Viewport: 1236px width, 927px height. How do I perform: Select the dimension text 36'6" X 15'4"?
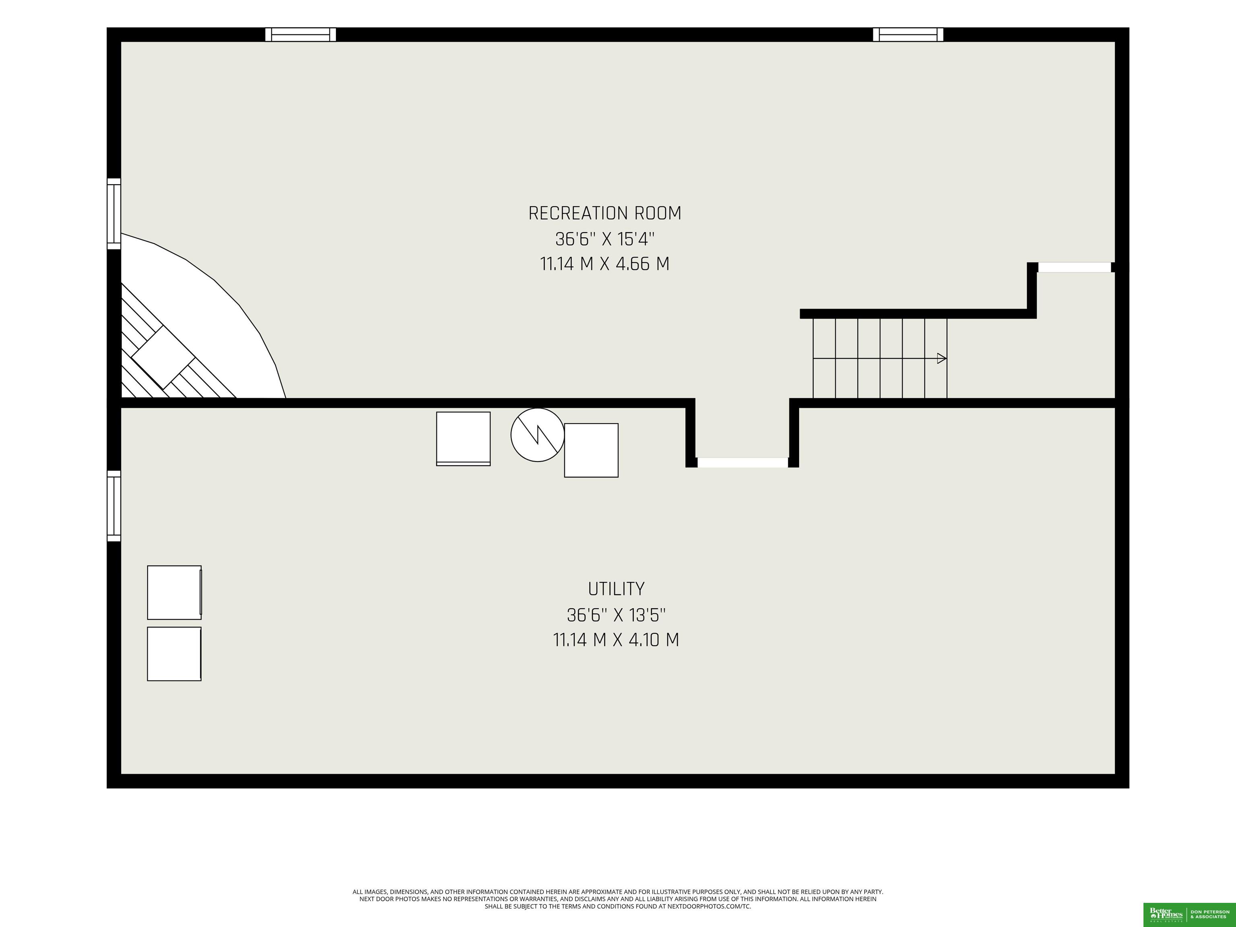click(605, 239)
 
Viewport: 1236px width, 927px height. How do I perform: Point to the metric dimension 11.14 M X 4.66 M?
click(605, 264)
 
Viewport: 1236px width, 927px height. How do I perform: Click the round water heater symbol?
click(538, 435)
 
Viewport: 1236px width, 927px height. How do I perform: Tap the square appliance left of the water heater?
click(463, 439)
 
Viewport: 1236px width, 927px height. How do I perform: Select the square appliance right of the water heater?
click(591, 450)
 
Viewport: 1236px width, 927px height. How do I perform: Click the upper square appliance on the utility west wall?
click(174, 592)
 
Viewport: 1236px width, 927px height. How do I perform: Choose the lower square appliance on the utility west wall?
click(174, 654)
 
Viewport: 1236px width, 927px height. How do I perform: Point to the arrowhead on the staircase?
click(941, 358)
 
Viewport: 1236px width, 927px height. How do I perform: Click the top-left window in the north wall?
click(301, 35)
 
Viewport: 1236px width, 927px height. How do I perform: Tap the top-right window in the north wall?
click(908, 35)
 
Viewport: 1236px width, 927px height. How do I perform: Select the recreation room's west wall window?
click(114, 214)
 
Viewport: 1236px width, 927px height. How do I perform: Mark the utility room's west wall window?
click(114, 506)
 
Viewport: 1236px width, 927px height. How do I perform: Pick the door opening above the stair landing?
click(1074, 268)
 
